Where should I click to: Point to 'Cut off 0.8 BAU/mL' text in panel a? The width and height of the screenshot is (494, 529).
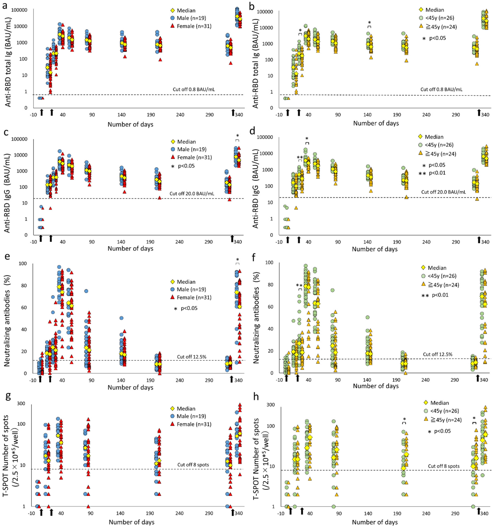coord(193,89)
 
